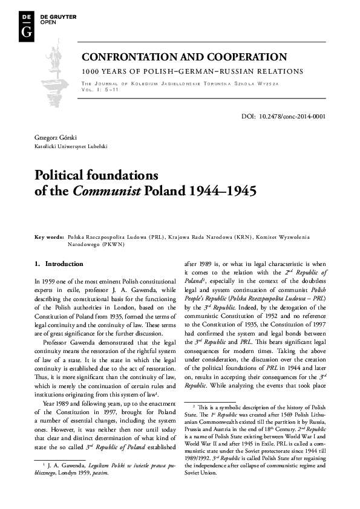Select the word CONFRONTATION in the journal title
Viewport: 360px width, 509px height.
coord(127,57)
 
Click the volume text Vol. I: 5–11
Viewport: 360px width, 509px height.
coord(100,89)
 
